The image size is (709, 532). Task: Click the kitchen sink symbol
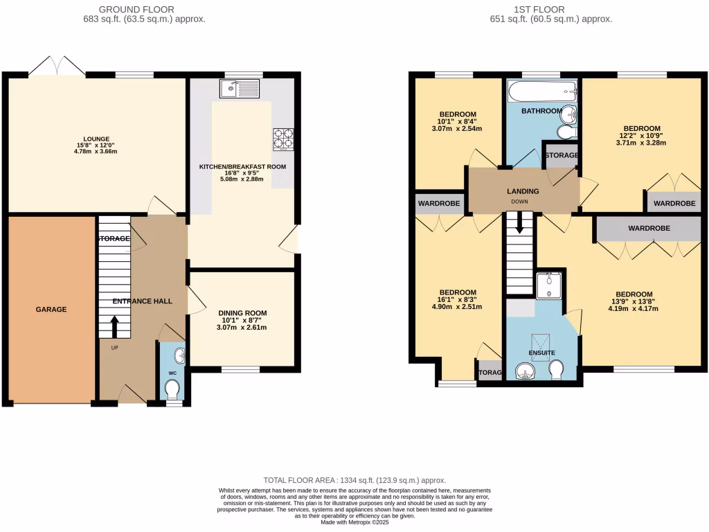point(237,88)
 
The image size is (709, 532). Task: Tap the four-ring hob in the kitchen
point(283,139)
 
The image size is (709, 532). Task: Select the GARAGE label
point(51,309)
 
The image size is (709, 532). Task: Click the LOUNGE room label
point(97,139)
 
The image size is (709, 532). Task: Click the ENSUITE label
point(542,353)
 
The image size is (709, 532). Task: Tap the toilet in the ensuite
point(555,373)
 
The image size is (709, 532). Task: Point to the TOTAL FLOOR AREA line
point(354,480)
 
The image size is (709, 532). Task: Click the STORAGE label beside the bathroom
point(562,155)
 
